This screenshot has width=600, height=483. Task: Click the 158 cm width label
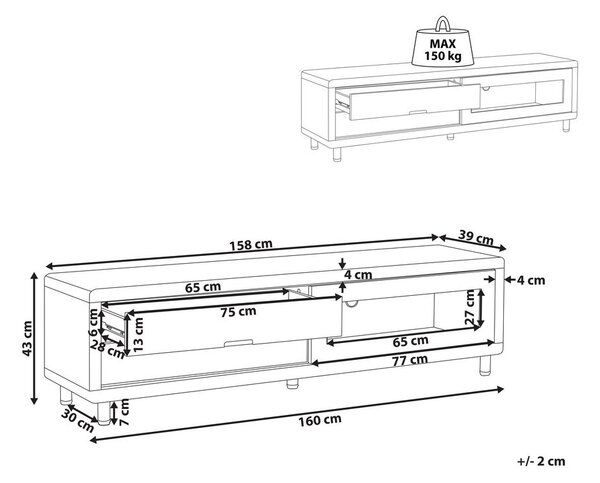point(251,244)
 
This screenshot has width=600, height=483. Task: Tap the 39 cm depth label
point(476,238)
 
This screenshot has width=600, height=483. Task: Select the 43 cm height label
point(26,338)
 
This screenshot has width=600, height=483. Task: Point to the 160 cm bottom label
point(320,420)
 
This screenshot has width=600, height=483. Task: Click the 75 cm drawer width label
point(238,312)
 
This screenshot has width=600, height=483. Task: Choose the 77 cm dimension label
point(410,360)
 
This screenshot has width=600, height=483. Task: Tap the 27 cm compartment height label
point(470,307)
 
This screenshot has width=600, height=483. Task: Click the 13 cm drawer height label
point(138,335)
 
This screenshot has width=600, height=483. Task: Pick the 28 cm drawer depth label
point(108,349)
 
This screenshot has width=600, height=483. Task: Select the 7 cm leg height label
point(124,412)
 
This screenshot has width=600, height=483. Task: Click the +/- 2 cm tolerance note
point(541,461)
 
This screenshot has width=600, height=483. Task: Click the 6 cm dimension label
point(93,322)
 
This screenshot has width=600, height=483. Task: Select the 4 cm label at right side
point(531,281)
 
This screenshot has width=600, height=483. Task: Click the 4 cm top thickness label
point(358,275)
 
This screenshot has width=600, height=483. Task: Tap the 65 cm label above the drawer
point(203,287)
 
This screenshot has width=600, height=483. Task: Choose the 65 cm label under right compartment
point(411,340)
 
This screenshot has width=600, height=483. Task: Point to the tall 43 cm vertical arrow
point(34,338)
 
